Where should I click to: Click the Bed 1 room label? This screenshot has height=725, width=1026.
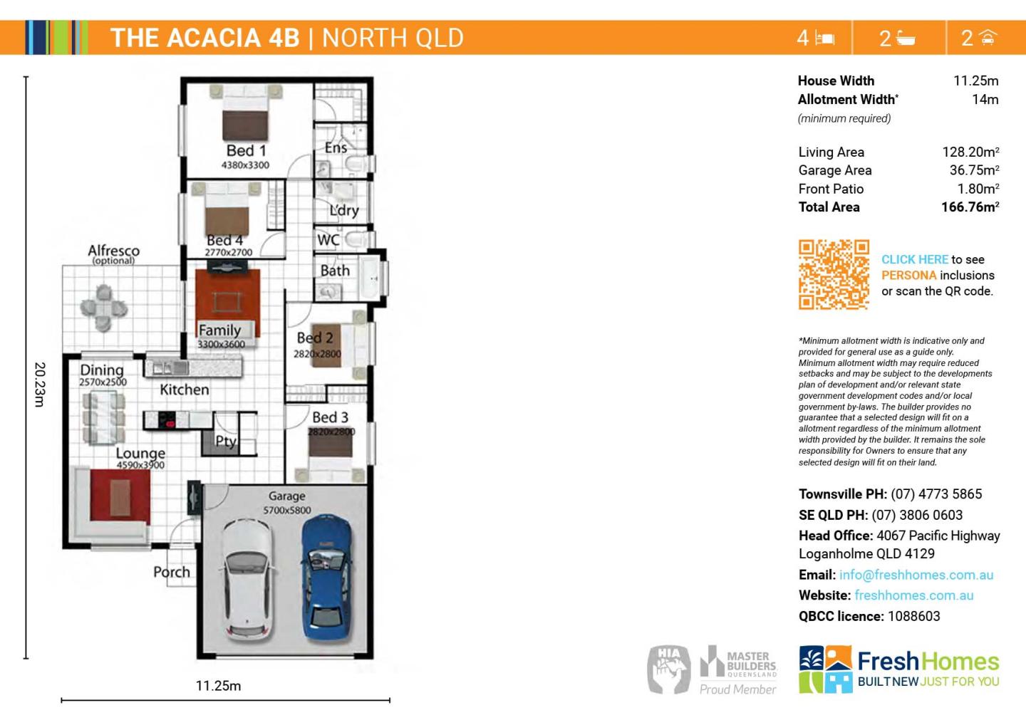(246, 151)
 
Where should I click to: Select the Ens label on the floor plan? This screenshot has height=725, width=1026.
(336, 148)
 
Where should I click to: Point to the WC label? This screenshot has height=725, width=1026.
(328, 240)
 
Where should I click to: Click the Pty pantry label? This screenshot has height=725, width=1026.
(226, 441)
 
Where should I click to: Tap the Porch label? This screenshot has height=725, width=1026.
(172, 572)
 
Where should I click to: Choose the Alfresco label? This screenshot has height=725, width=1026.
(113, 251)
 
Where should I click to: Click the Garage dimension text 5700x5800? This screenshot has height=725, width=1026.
(287, 510)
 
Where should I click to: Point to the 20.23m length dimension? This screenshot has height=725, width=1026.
(40, 385)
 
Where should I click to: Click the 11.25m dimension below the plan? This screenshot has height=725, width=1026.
(218, 686)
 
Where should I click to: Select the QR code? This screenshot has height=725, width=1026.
(834, 275)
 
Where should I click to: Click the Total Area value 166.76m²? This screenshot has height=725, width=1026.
(970, 207)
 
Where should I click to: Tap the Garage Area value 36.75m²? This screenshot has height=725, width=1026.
(974, 170)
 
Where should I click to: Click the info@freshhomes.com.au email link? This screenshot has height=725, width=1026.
(916, 575)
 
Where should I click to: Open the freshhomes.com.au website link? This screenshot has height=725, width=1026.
(913, 595)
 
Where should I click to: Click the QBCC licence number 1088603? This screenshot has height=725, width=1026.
(913, 616)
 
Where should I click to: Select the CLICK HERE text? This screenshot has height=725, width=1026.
(915, 260)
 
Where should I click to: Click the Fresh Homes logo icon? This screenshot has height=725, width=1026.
(825, 669)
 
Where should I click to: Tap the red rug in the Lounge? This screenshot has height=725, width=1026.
(120, 496)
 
